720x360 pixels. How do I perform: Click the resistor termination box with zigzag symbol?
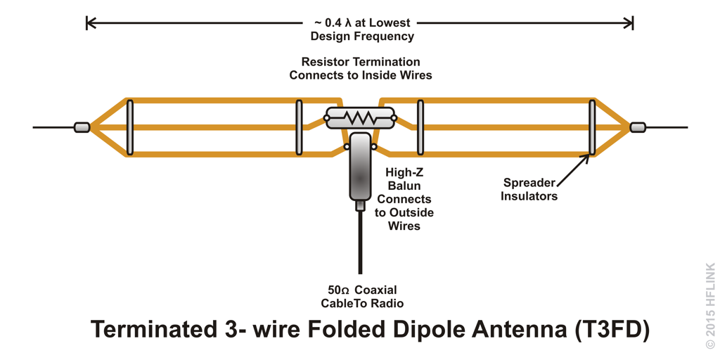coord(360,117)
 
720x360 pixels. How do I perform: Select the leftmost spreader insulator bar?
coord(130,127)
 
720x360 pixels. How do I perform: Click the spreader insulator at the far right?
coord(592,127)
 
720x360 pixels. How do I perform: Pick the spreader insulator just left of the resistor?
coord(299,127)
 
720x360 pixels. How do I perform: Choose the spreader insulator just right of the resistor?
coord(420,127)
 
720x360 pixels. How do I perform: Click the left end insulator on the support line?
coord(82,127)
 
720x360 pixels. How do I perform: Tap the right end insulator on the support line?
coord(638,127)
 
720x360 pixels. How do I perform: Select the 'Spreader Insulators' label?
coord(529,190)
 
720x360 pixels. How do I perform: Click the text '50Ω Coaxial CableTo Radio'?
coord(362,297)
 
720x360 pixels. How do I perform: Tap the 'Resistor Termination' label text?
coord(361,62)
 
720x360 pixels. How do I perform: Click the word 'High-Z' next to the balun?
coord(404,172)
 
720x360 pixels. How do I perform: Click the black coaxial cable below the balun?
coord(360,243)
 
